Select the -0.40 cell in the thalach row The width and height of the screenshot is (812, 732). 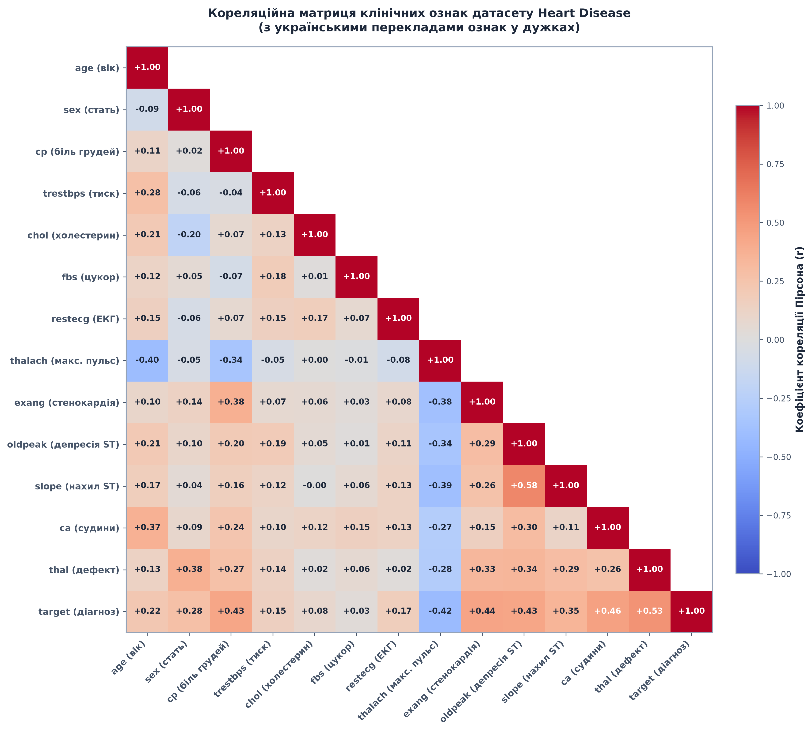[x=147, y=360]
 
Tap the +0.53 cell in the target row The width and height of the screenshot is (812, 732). [x=649, y=611]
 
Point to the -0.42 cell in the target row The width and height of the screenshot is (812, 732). [x=440, y=611]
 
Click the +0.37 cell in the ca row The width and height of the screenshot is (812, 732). [x=147, y=528]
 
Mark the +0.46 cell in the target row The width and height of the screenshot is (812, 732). [x=607, y=611]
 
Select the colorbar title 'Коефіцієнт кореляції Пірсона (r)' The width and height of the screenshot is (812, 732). [x=800, y=339]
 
